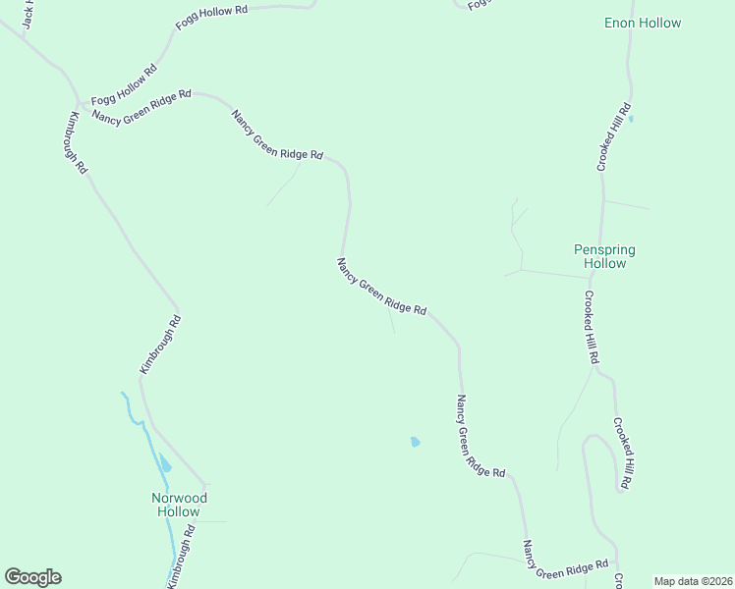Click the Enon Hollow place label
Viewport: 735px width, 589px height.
(x=642, y=23)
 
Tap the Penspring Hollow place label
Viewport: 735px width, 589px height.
(x=604, y=257)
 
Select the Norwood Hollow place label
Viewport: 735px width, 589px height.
(x=179, y=505)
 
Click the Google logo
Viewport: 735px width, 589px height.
(x=32, y=577)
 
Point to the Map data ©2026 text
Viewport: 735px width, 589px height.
(x=693, y=581)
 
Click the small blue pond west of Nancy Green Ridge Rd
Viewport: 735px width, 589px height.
(x=415, y=442)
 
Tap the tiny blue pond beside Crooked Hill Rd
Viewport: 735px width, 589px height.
(x=631, y=120)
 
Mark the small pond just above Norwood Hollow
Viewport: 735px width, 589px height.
(x=165, y=463)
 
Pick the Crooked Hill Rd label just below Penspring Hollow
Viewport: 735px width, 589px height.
(x=591, y=328)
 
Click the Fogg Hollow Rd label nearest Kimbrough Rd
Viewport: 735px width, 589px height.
(x=124, y=85)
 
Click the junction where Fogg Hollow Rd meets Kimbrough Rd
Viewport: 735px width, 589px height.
(x=78, y=102)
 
